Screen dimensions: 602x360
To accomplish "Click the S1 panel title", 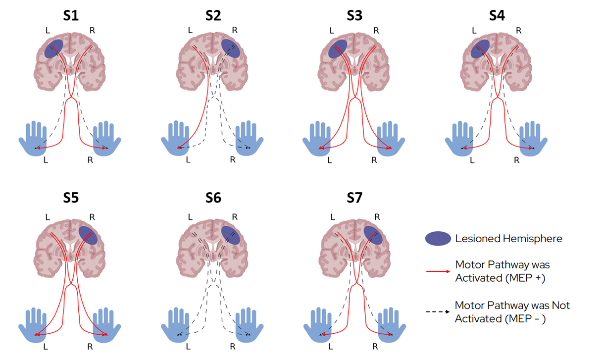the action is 71,15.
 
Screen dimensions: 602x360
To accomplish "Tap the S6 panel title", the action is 213,198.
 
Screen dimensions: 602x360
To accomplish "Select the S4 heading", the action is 497,15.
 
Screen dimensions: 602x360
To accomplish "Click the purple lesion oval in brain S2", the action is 231,49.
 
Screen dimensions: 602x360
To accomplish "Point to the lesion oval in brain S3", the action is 338,49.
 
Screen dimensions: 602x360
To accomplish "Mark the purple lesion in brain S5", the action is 88,235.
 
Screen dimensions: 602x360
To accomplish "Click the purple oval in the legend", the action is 438,239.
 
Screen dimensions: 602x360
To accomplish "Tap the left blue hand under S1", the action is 33,139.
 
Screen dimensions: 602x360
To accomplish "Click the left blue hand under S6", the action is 175,325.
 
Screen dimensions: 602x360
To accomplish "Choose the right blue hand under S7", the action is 392,325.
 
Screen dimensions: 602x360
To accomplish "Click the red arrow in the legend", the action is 438,271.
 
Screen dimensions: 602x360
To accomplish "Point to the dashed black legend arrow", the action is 438,312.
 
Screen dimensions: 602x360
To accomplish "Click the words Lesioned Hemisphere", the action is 509,239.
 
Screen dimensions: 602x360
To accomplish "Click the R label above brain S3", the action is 376,31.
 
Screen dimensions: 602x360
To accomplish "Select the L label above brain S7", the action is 333,217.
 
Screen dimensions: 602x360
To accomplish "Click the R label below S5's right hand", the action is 90,347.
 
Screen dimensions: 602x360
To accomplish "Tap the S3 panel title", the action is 354,15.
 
